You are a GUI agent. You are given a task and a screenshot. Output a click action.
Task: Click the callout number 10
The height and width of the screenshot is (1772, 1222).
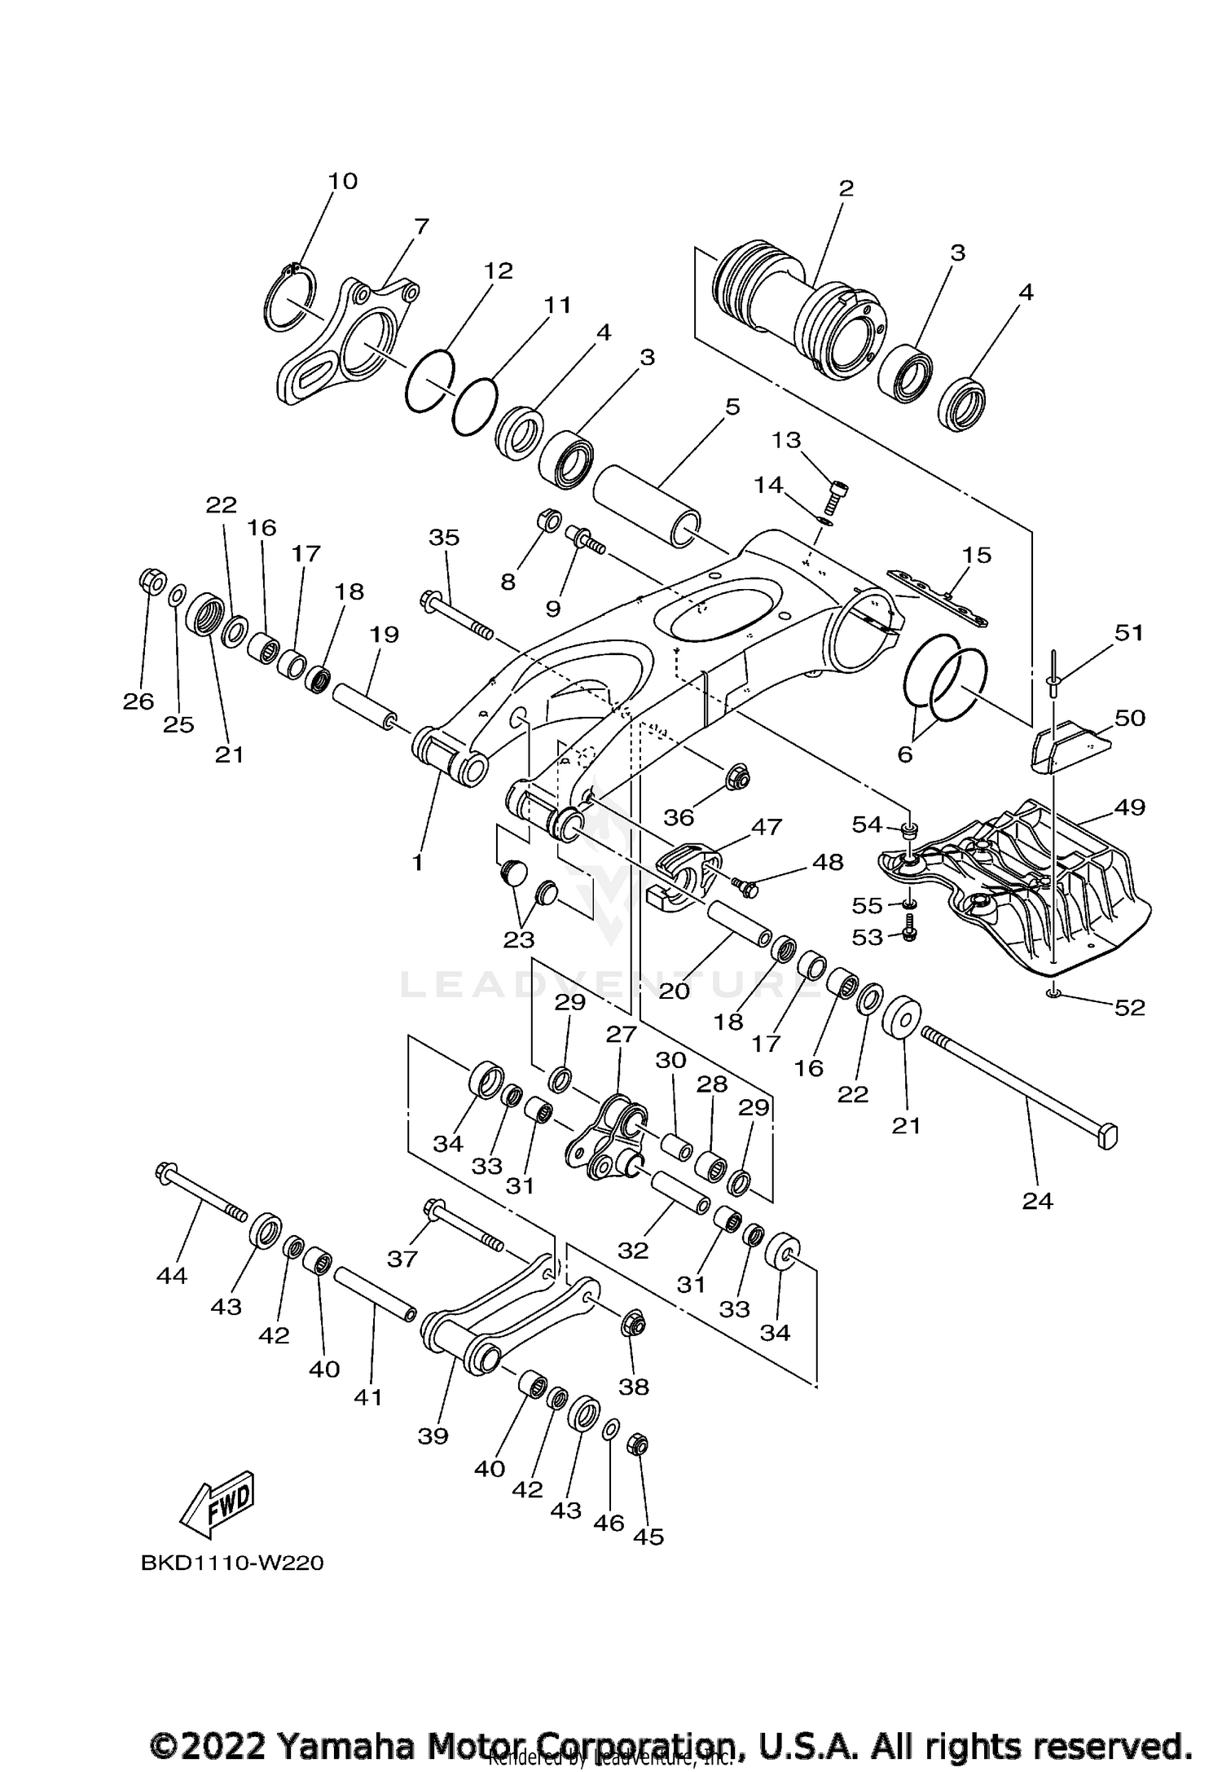point(343,181)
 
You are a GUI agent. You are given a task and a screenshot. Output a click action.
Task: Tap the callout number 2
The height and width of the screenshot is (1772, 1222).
point(846,189)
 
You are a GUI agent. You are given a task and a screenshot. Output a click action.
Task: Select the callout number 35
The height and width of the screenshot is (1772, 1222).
point(444,538)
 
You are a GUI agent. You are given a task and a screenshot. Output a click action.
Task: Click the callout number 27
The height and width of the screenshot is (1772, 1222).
point(620,1035)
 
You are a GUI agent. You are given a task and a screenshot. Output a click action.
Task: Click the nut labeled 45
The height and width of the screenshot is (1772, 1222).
point(639,1446)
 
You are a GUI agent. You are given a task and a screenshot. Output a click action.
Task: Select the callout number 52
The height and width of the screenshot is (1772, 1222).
point(1129,1008)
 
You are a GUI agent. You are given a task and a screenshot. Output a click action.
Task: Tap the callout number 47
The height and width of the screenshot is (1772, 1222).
point(766,827)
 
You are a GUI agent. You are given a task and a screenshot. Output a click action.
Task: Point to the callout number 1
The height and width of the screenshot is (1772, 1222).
point(417,862)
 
